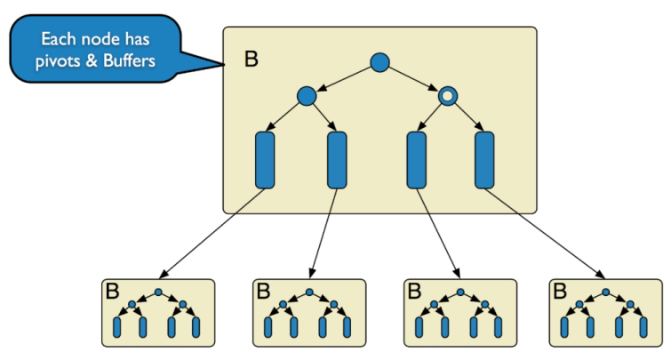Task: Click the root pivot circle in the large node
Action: point(379,62)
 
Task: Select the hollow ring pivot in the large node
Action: point(449,94)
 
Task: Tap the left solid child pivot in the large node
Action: point(307,94)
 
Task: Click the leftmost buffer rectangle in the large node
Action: point(266,160)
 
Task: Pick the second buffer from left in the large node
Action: point(338,160)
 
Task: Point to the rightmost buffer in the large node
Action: point(485,160)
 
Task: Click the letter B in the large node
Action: point(252,60)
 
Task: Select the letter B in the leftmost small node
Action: point(114,291)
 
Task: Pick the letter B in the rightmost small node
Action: point(560,291)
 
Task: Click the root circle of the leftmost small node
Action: point(158,292)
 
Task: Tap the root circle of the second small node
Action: point(309,292)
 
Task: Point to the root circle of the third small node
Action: point(459,292)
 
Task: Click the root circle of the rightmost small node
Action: point(606,292)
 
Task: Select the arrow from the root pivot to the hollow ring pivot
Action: point(414,78)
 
